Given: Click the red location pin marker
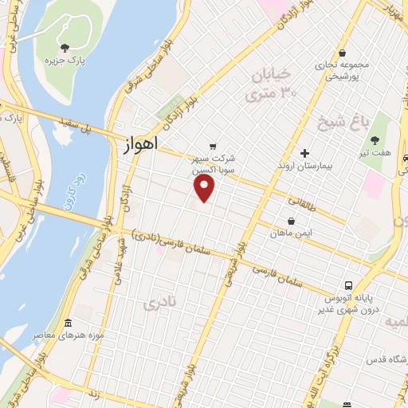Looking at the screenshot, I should point(206,187).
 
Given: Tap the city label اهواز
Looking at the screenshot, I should point(143,145).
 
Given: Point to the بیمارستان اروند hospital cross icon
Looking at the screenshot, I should point(304,153).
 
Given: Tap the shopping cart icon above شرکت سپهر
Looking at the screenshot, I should point(212,146).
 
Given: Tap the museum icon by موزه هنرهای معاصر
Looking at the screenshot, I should point(68,324).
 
